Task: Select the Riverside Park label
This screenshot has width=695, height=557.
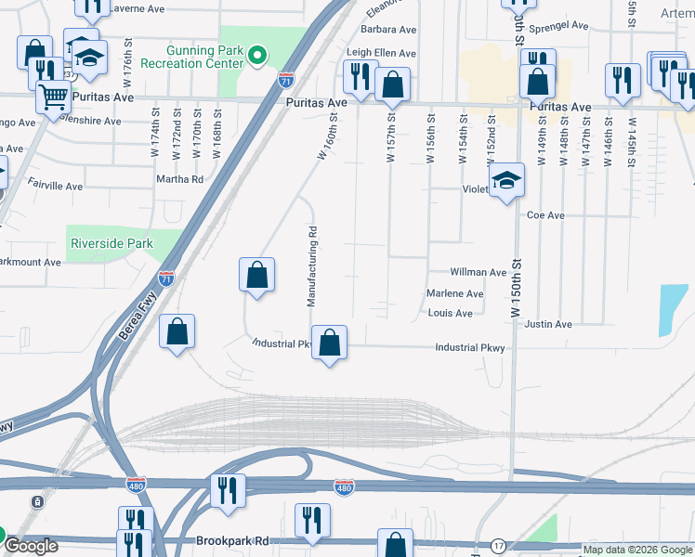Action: [110, 244]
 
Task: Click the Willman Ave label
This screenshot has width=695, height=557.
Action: [478, 273]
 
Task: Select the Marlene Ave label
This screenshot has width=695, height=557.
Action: [454, 294]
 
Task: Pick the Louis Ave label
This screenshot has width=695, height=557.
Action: [450, 313]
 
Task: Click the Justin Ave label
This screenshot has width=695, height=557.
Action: [547, 324]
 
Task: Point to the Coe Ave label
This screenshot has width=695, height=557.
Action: [545, 215]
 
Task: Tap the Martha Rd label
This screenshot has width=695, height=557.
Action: [179, 179]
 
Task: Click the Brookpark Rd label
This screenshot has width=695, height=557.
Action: [231, 539]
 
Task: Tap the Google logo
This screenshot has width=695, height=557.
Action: [30, 546]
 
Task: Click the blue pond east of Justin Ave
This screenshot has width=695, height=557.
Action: [673, 310]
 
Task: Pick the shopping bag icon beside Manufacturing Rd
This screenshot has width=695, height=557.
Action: [256, 276]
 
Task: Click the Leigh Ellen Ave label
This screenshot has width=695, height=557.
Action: [381, 54]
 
